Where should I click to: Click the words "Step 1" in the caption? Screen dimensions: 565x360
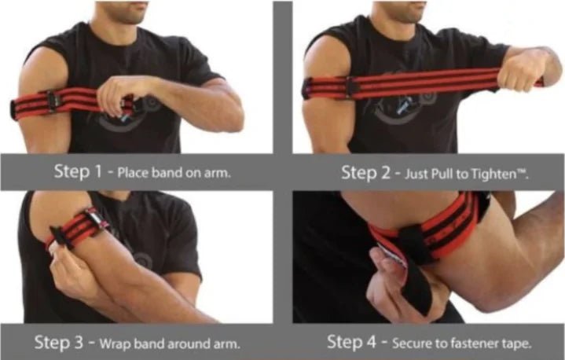point(78,171)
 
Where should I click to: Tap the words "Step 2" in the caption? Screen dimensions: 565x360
point(365,173)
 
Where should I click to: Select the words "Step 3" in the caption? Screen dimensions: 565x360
point(59,343)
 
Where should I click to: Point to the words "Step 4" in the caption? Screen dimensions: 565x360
point(351,342)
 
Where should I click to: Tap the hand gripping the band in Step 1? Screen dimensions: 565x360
point(116,94)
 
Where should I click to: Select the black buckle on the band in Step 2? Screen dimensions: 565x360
point(350,86)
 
